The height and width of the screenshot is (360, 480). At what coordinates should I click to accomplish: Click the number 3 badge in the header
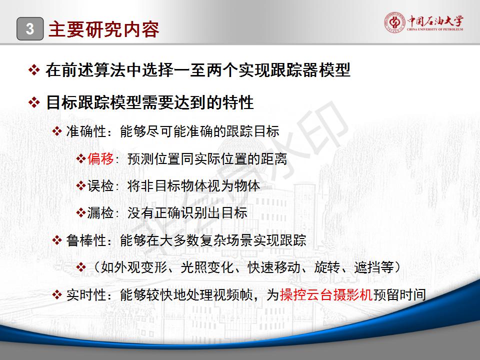pyautogui.click(x=30, y=29)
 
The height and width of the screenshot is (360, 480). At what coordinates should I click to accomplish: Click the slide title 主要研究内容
pyautogui.click(x=104, y=29)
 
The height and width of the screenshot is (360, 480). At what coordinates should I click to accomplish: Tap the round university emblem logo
pyautogui.click(x=394, y=22)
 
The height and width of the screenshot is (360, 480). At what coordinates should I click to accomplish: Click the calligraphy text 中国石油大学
pyautogui.click(x=435, y=21)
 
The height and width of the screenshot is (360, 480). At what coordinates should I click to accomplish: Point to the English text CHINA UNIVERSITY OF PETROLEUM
pyautogui.click(x=435, y=29)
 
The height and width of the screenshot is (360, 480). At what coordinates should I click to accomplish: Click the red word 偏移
pyautogui.click(x=100, y=158)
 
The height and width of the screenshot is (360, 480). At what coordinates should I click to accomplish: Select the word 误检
pyautogui.click(x=100, y=185)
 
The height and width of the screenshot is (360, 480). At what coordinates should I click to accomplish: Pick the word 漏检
pyautogui.click(x=100, y=213)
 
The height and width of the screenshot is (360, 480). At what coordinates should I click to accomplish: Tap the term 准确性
pyautogui.click(x=86, y=131)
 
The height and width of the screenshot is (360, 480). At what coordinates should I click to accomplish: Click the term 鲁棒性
pyautogui.click(x=86, y=240)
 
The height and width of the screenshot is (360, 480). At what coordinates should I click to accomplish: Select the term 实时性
pyautogui.click(x=86, y=295)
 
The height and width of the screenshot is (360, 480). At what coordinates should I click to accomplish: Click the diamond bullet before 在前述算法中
pyautogui.click(x=34, y=70)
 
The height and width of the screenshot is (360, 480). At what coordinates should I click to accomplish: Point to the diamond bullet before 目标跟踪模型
pyautogui.click(x=34, y=102)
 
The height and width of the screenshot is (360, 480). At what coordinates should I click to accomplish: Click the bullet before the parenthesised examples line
pyautogui.click(x=81, y=267)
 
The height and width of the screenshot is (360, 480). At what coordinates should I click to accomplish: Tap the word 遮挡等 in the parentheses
pyautogui.click(x=374, y=267)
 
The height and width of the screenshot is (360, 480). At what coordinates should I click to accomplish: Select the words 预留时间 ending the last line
pyautogui.click(x=399, y=295)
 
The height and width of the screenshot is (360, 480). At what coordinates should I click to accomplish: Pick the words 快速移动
pyautogui.click(x=274, y=267)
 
